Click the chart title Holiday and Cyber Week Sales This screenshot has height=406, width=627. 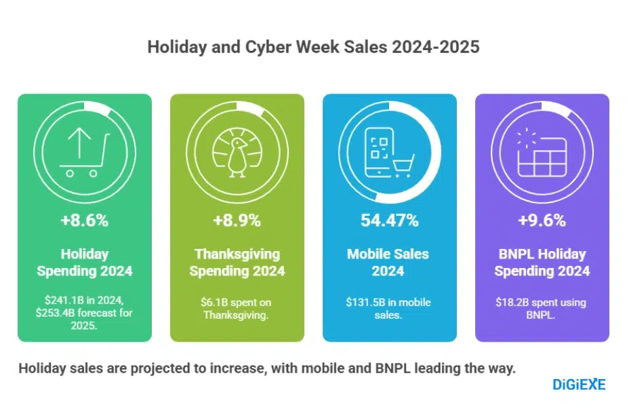[x=313, y=47]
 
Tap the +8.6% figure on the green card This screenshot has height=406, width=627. [x=85, y=220]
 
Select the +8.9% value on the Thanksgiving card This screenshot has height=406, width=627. [x=237, y=220]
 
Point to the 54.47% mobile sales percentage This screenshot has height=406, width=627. [x=389, y=220]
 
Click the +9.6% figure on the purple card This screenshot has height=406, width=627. [x=542, y=220]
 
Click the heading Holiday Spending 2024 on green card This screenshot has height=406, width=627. [x=85, y=263]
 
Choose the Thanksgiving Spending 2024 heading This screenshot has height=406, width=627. [x=237, y=263]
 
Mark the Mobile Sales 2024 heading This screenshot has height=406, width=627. [x=389, y=263]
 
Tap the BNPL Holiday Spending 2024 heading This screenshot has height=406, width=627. [x=542, y=263]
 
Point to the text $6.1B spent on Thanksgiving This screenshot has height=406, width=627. [x=237, y=308]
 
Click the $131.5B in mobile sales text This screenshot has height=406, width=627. [x=389, y=308]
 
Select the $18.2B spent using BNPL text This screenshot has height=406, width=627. [x=542, y=308]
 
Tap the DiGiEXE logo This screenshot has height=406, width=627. [x=579, y=385]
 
